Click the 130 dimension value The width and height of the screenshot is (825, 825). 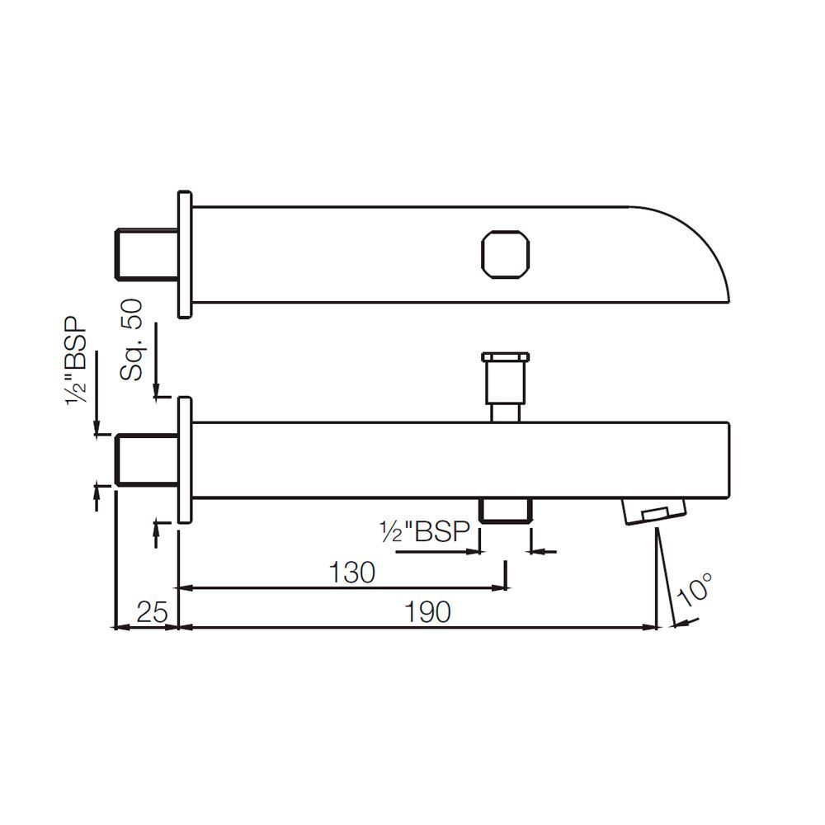coord(351,573)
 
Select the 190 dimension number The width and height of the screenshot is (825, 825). coord(427,612)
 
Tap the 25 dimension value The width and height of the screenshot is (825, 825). coord(152,612)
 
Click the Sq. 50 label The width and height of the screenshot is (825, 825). coord(131,340)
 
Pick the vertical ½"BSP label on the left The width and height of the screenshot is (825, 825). coord(78,361)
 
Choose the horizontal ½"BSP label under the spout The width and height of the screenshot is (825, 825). coord(425,532)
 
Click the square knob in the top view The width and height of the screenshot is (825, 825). coord(505,254)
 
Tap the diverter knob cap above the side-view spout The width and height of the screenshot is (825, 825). coord(505,358)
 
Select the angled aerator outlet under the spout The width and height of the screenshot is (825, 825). coord(654,511)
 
